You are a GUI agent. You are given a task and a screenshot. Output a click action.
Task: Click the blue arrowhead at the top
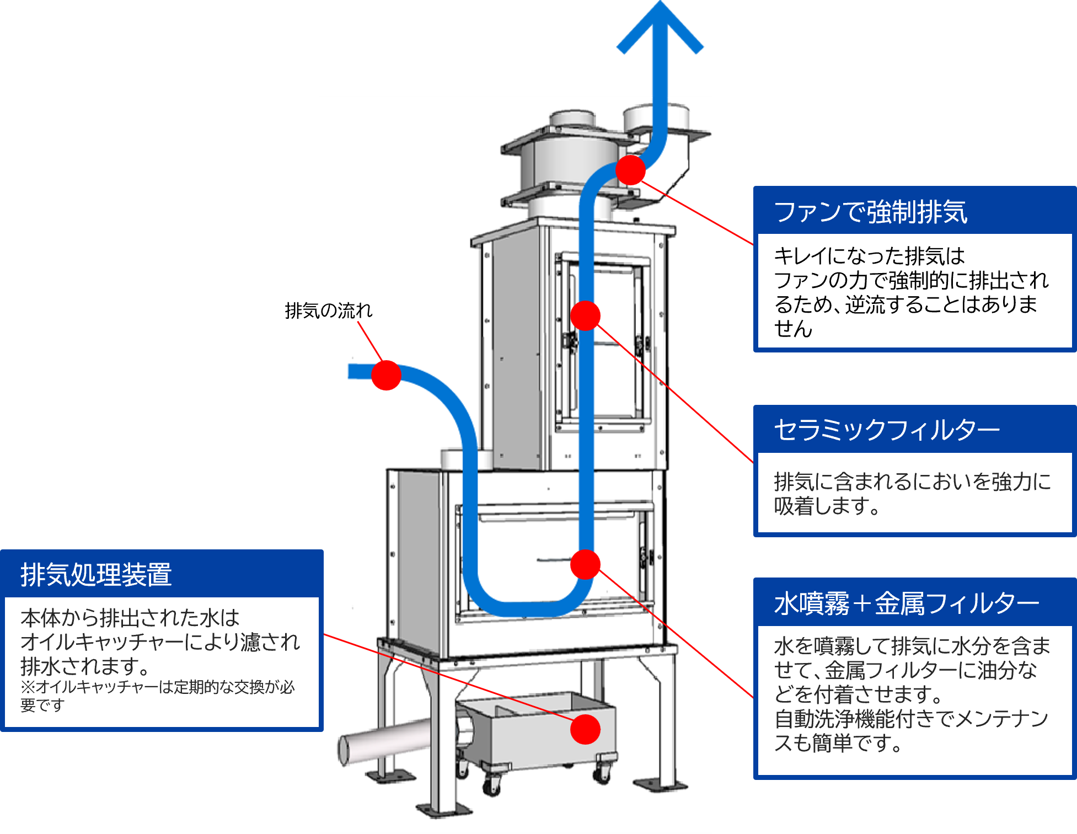[660, 28]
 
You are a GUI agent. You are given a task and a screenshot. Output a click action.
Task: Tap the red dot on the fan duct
[630, 170]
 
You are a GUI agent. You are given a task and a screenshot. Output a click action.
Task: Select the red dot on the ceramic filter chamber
[585, 316]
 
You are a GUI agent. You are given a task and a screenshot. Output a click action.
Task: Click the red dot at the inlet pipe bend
[386, 375]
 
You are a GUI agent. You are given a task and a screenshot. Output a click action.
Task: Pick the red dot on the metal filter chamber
[585, 564]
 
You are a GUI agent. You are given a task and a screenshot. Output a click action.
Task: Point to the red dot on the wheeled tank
[585, 729]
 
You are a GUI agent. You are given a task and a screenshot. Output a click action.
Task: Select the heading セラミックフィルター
[886, 430]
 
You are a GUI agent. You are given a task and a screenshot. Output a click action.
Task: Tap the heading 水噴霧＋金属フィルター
[906, 603]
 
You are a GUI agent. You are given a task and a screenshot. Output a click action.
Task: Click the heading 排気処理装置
[96, 575]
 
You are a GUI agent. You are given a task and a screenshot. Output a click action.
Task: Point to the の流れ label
[346, 311]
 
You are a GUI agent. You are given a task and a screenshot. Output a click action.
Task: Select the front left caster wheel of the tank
[490, 786]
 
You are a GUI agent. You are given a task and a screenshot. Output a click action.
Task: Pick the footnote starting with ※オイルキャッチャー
[157, 695]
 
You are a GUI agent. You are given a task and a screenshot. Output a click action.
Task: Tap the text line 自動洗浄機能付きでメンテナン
[910, 719]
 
